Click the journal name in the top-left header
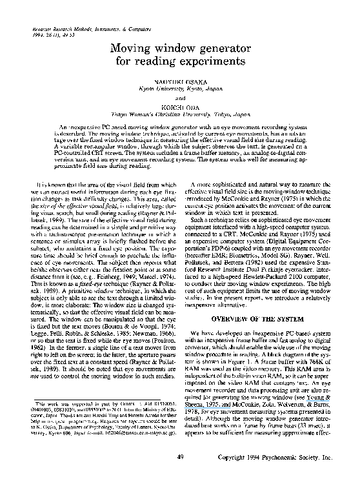[x=79, y=30]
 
